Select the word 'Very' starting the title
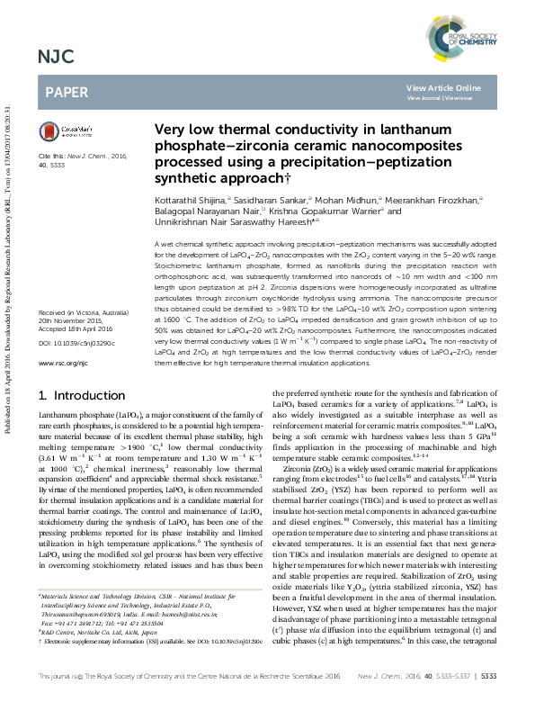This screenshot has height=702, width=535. [x=171, y=130]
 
